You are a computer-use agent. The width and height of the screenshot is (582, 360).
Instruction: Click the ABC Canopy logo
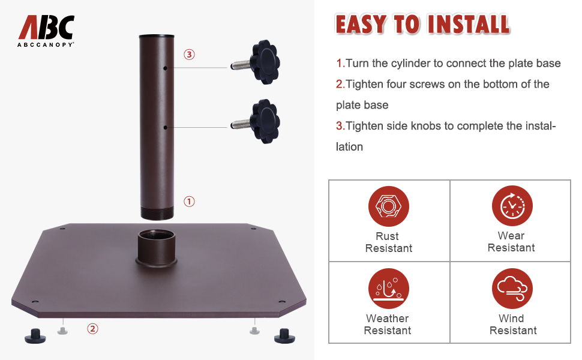(46, 31)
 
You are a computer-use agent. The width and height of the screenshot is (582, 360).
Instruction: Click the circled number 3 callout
(189, 55)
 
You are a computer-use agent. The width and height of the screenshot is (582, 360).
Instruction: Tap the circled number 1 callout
(189, 202)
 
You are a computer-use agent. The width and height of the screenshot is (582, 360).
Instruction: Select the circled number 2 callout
(92, 328)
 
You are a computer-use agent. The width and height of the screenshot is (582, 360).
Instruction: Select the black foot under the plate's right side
(284, 335)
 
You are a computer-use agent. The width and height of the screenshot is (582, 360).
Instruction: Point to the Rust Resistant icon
(388, 206)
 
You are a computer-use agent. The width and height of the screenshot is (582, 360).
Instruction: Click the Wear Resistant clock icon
(512, 206)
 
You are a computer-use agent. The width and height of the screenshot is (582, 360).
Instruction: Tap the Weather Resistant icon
(388, 289)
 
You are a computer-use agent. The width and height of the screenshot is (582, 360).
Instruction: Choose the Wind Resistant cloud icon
(512, 289)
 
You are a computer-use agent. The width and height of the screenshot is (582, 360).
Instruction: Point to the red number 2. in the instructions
(340, 84)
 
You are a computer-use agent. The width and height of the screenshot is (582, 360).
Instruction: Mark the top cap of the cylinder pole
(157, 37)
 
